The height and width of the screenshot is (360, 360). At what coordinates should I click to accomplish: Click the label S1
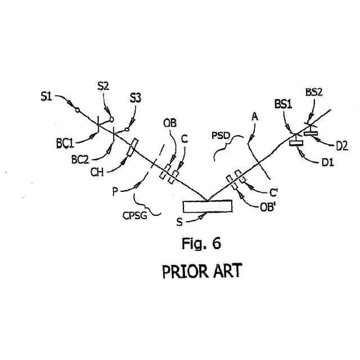(46, 97)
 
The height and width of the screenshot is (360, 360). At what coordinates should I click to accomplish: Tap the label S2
(103, 86)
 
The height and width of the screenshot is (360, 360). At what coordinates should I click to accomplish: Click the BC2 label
(81, 160)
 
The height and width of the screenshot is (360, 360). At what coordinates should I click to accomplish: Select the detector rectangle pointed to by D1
(296, 143)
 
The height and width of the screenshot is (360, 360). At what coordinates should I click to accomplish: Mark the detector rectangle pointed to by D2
(311, 133)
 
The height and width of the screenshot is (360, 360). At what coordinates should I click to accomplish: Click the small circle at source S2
(111, 119)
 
